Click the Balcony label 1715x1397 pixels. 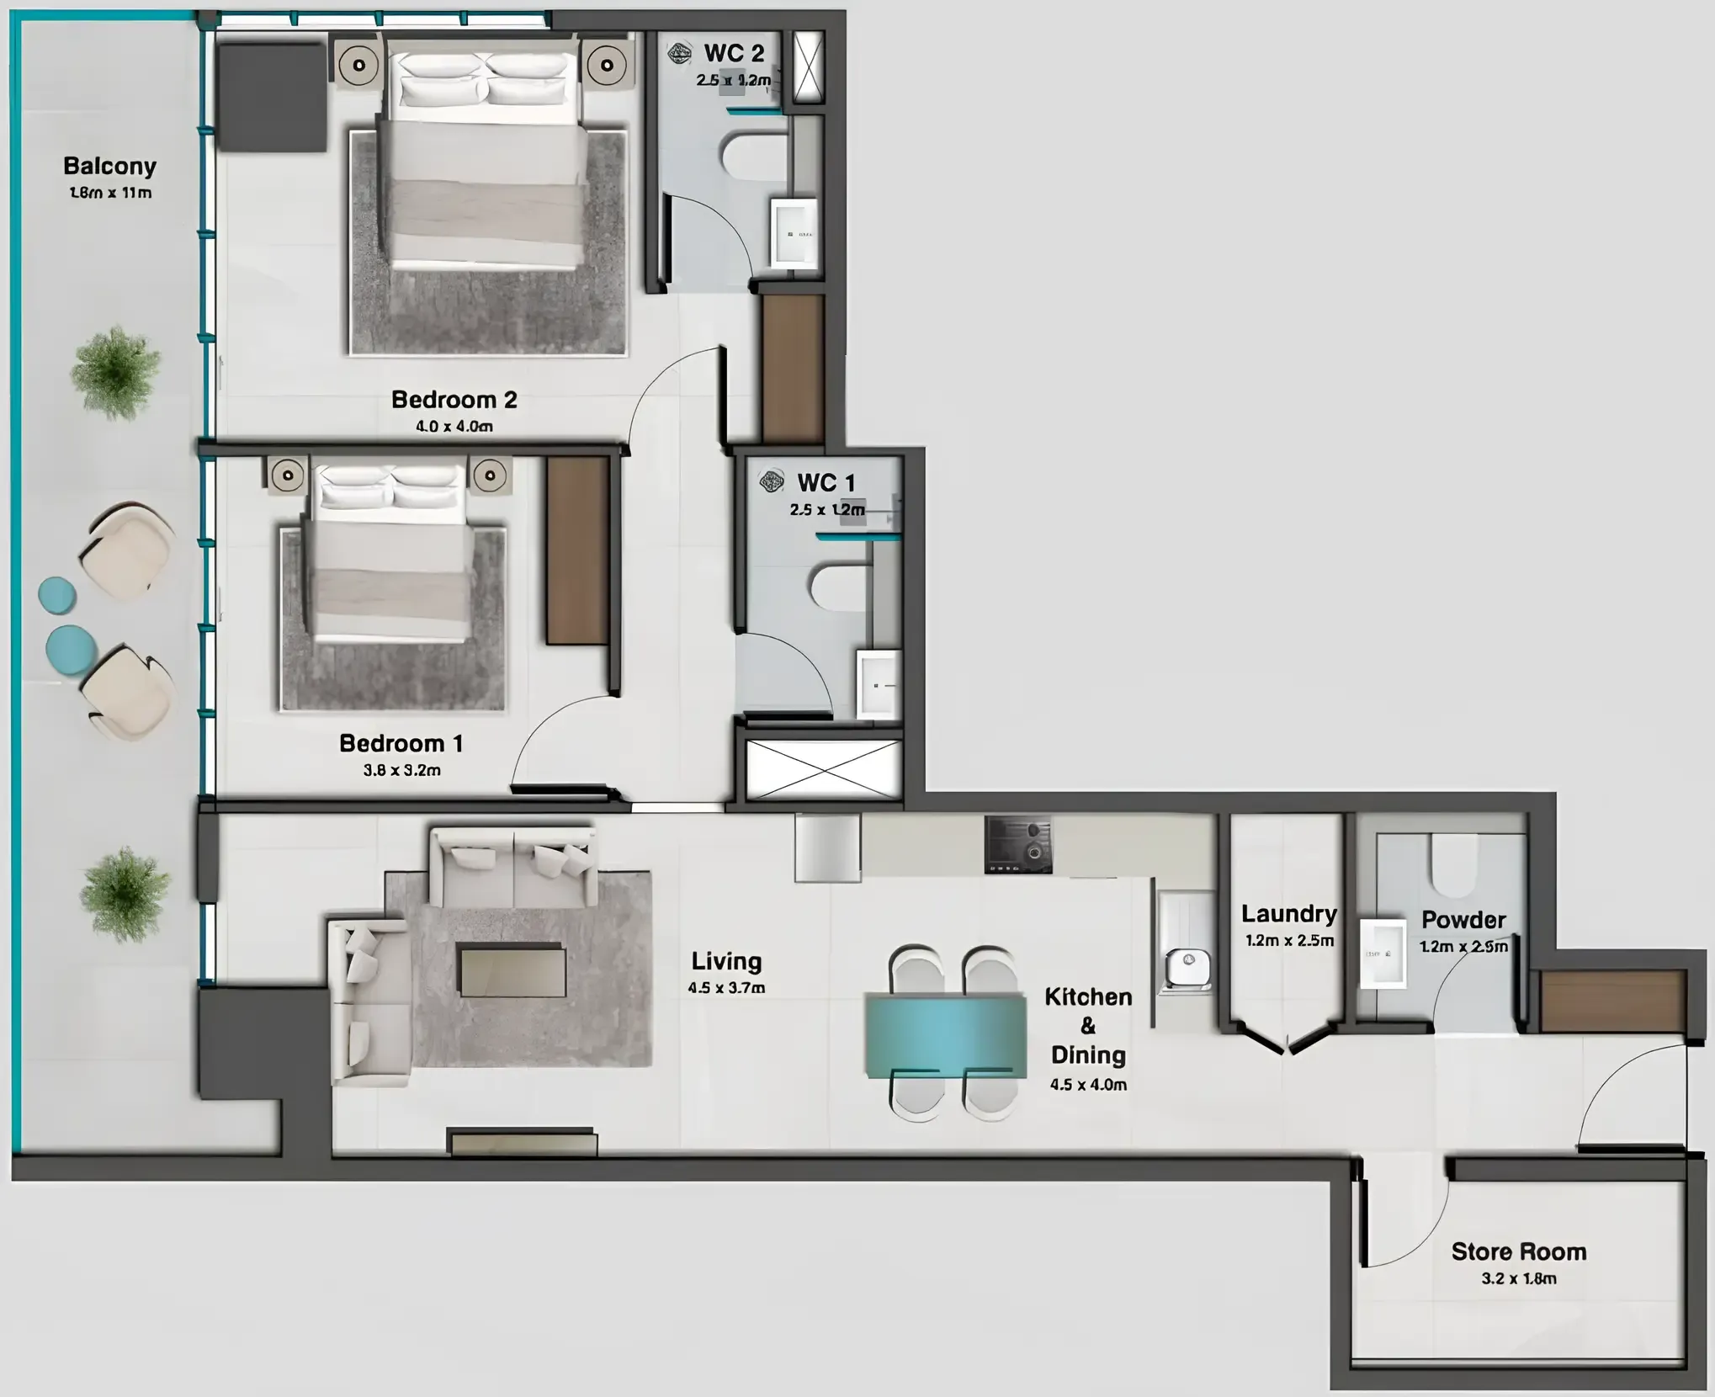click(110, 166)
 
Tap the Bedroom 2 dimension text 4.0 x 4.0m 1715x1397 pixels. click(454, 427)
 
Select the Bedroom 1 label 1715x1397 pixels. click(401, 743)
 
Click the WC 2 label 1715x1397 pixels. click(734, 53)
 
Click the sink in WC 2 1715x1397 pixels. click(794, 232)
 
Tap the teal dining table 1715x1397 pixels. click(946, 1035)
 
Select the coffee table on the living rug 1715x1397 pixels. click(512, 970)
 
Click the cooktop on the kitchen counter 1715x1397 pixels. click(1018, 844)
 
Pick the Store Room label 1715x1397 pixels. click(1519, 1251)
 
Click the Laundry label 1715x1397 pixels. click(1288, 914)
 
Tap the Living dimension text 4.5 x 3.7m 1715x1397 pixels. click(726, 988)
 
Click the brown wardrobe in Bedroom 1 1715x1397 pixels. click(577, 550)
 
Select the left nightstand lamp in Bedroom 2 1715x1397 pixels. click(359, 65)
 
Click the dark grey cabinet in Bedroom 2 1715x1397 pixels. click(271, 97)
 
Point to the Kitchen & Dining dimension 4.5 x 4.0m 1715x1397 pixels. click(1088, 1085)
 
